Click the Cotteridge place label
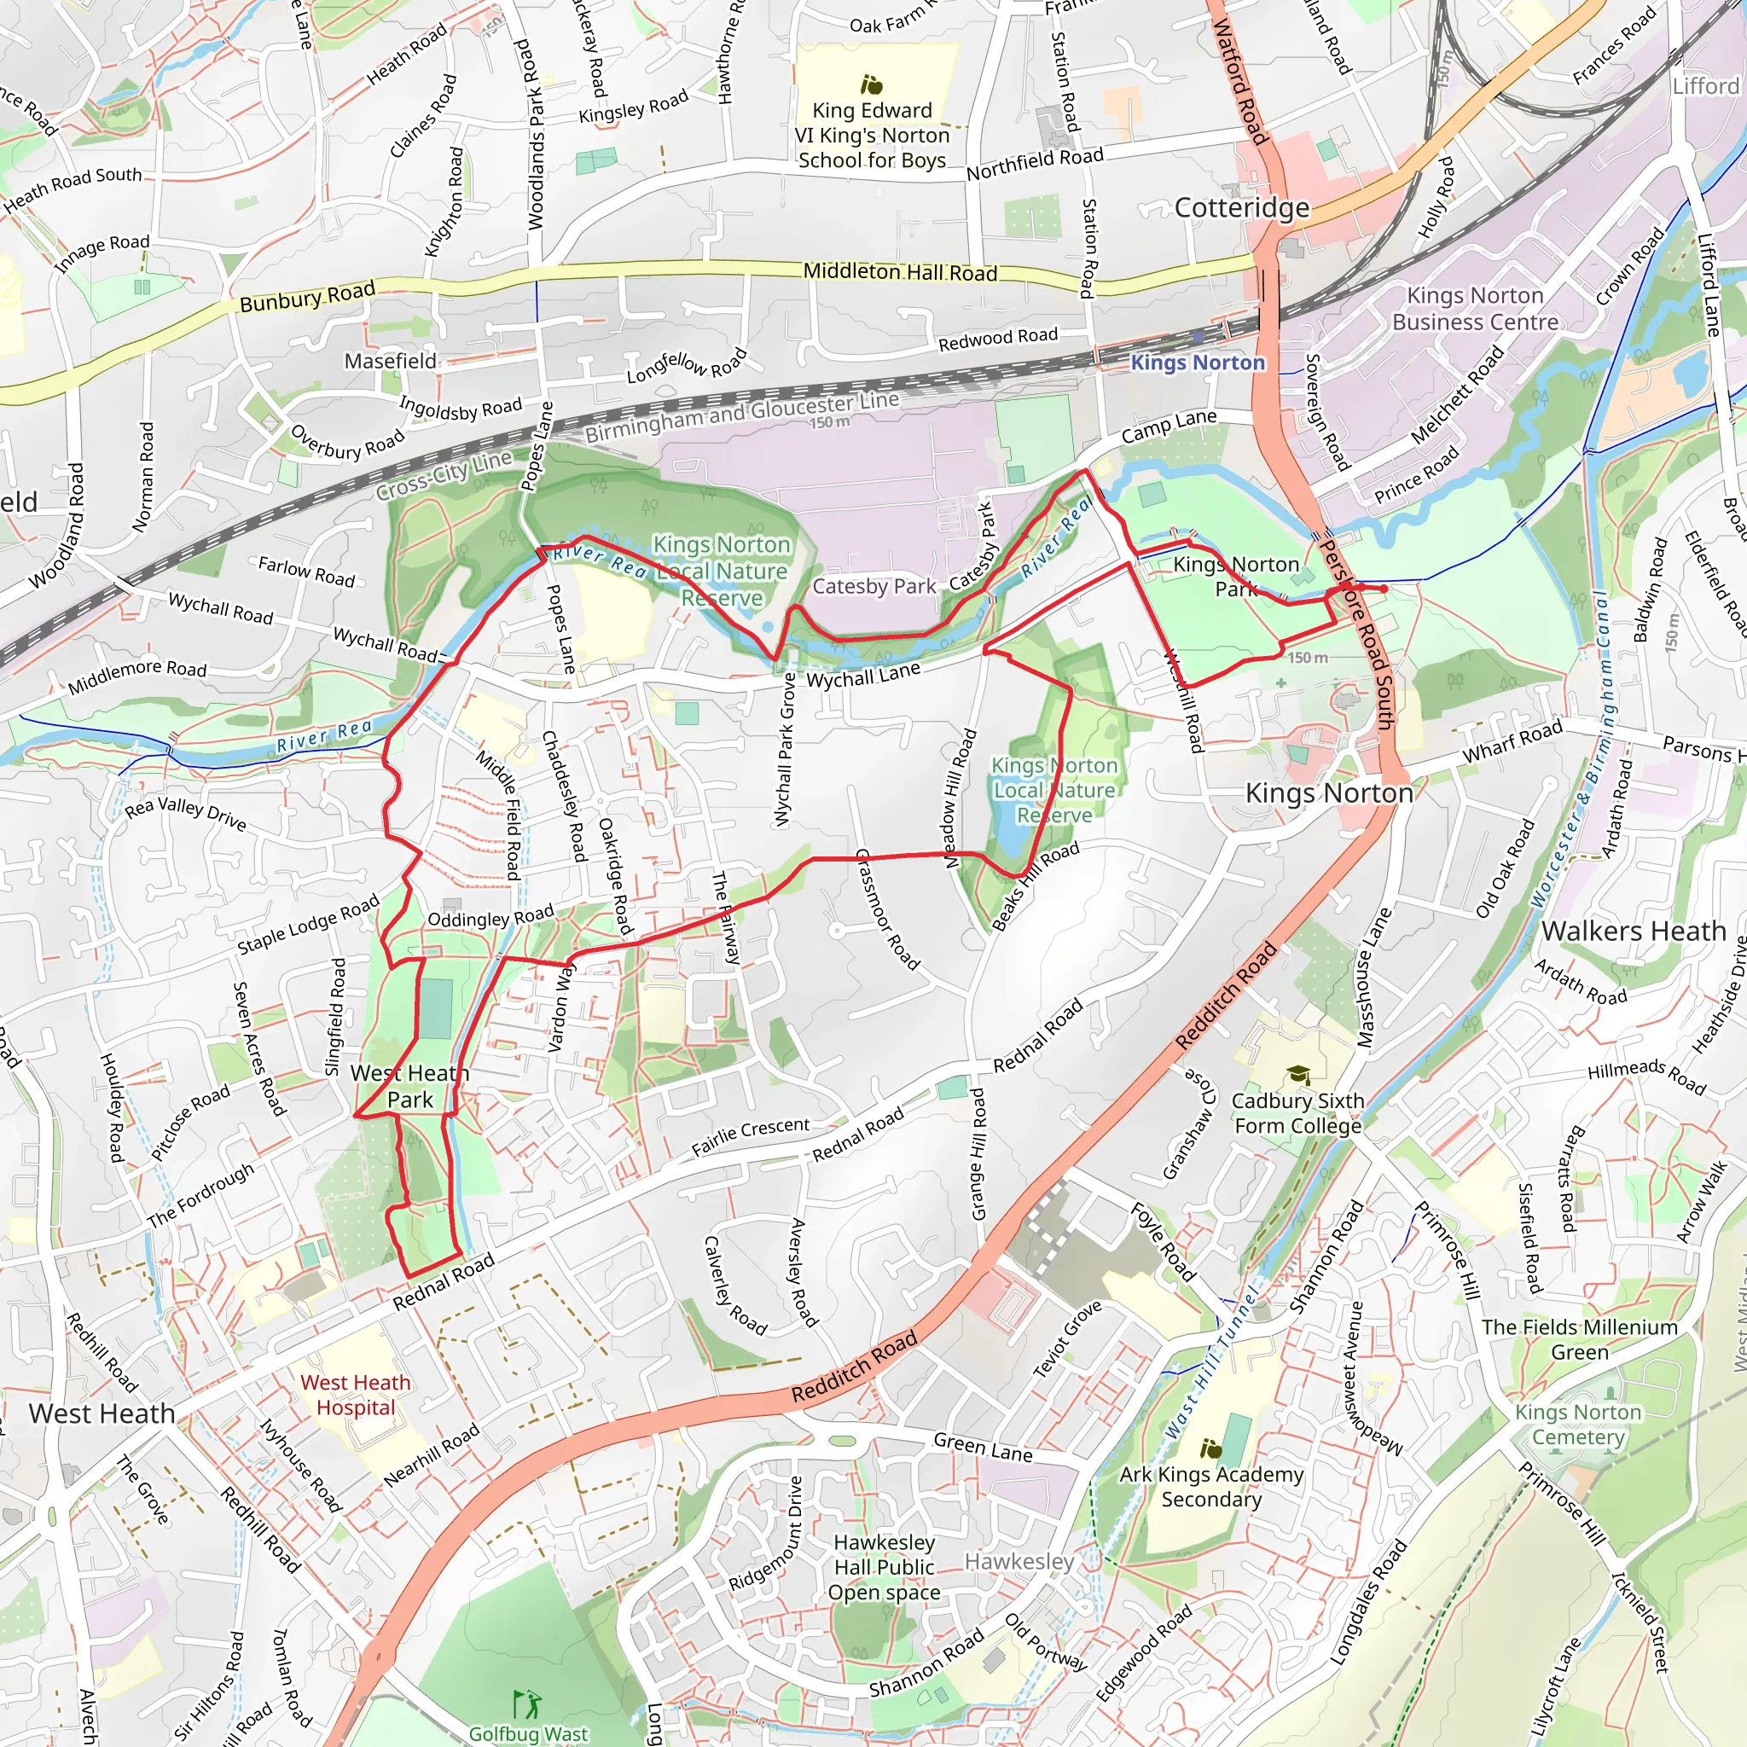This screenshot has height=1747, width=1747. [x=1241, y=208]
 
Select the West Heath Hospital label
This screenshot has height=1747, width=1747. [x=356, y=1395]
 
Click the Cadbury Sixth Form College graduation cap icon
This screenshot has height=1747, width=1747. [x=1298, y=1074]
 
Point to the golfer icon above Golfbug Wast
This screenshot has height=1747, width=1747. [x=526, y=1703]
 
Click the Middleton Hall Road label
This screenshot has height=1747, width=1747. [x=900, y=271]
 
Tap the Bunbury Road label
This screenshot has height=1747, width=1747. [x=306, y=297]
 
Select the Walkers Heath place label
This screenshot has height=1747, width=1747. [x=1633, y=931]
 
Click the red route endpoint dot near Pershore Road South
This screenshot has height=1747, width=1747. [x=1384, y=589]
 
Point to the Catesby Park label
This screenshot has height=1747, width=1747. [x=873, y=586]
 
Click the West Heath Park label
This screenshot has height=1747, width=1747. [x=409, y=1086]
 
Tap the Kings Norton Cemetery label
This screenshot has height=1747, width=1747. [x=1578, y=1425]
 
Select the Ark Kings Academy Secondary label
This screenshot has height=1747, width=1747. [x=1210, y=1487]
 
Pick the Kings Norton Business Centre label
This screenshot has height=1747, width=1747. [x=1475, y=308]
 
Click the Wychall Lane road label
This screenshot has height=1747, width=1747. [x=862, y=675]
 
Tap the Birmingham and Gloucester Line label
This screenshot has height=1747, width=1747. [x=741, y=416]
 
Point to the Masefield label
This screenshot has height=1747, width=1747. [x=390, y=361]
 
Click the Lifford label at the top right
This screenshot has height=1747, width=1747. [x=1705, y=86]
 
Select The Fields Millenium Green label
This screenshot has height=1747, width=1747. [x=1579, y=1339]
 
